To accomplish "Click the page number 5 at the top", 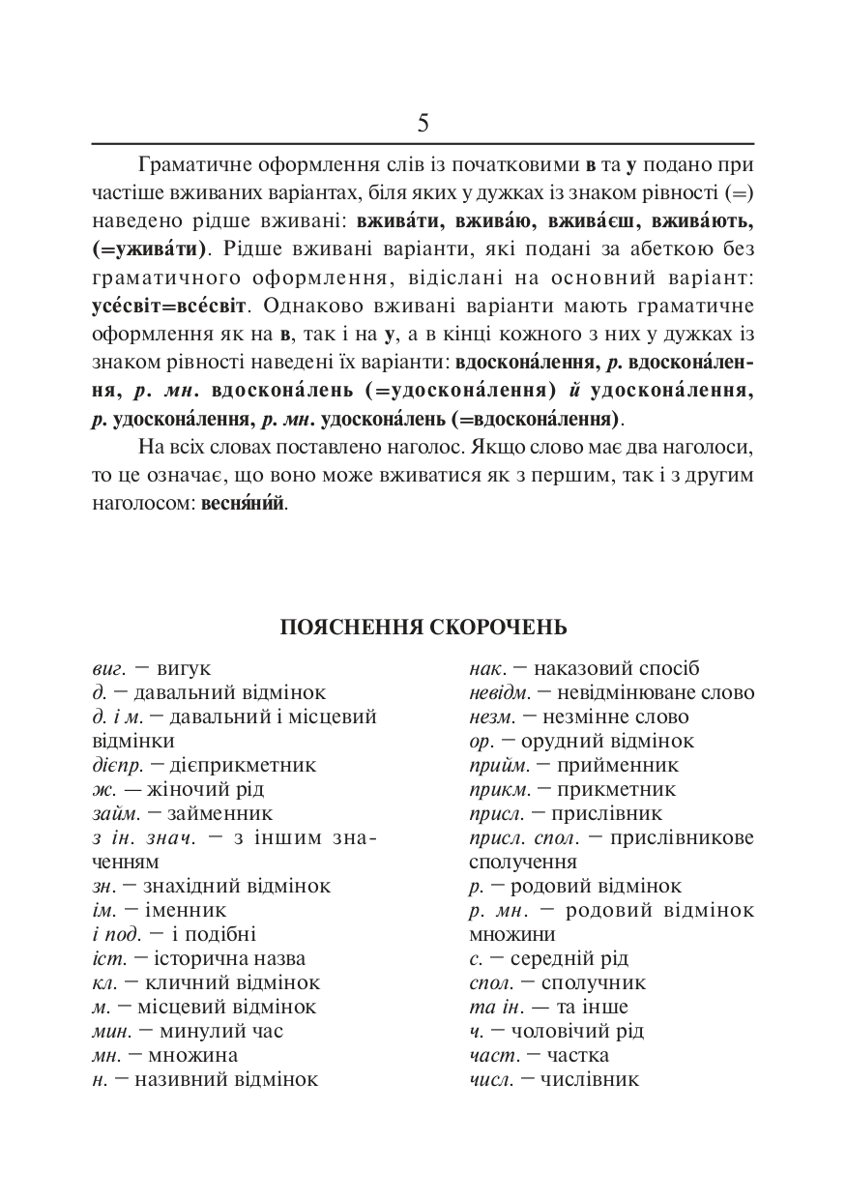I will pos(423,123).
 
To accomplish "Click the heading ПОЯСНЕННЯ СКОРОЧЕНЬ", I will pos(423,628).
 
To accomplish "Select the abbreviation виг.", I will pos(101,668).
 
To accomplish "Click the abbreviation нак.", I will pos(488,668).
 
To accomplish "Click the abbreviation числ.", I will pos(490,1079).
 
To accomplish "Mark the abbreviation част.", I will pos(489,1055).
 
